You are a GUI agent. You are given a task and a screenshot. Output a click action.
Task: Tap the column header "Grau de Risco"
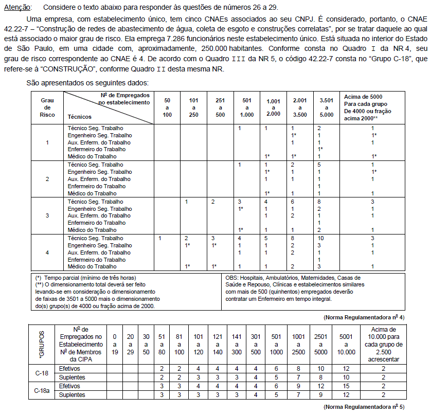point(47,107)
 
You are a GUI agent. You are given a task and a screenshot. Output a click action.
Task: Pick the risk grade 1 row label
point(47,142)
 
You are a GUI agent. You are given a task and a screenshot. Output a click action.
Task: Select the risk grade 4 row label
point(47,252)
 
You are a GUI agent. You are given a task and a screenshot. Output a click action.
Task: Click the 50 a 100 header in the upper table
point(167,107)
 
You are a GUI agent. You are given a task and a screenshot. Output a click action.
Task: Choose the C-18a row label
point(42,391)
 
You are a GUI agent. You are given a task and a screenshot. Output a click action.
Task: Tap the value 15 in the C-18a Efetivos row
point(346,386)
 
